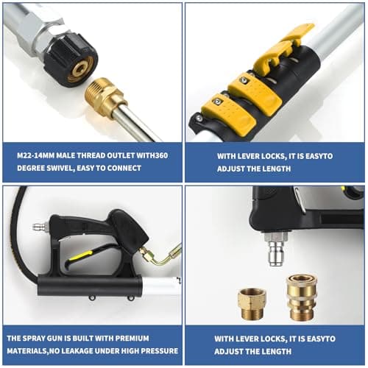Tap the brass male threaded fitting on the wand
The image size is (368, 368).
click(x=104, y=98)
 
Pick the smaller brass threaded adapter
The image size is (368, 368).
click(x=252, y=301)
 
